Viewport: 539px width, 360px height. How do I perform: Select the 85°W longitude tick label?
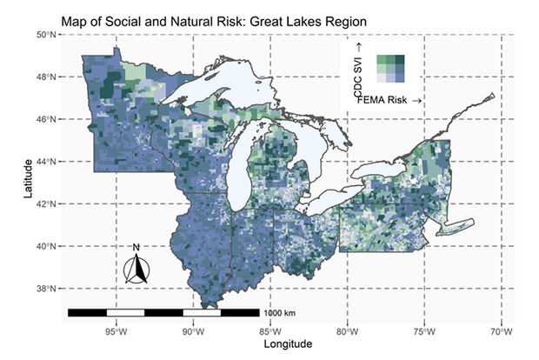[270, 330]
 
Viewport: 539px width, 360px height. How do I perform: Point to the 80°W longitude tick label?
[347, 330]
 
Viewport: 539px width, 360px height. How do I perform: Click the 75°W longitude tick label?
[424, 330]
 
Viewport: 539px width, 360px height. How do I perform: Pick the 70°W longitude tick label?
[501, 330]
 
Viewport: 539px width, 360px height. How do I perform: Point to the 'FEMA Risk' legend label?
[386, 102]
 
